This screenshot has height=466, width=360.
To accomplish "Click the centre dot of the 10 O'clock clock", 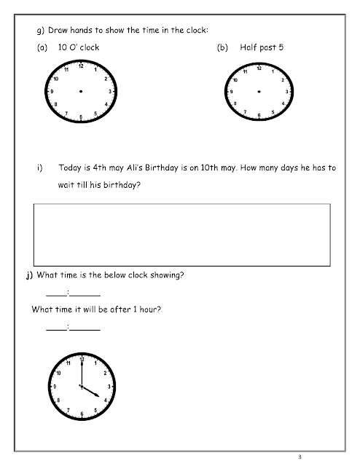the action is tap(81, 91).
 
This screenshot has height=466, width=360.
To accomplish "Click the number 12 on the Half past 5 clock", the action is tap(259, 68).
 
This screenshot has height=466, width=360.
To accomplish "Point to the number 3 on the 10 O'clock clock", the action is tap(110, 92).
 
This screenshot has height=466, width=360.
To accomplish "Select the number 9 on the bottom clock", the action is tap(53, 386).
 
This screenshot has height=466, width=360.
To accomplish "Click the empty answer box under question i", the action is tap(182, 234).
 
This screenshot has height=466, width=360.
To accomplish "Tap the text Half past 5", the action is tap(261, 46).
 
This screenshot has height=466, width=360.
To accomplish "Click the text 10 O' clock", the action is tap(78, 46).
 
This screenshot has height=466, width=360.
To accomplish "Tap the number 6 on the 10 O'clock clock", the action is tap(81, 116).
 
